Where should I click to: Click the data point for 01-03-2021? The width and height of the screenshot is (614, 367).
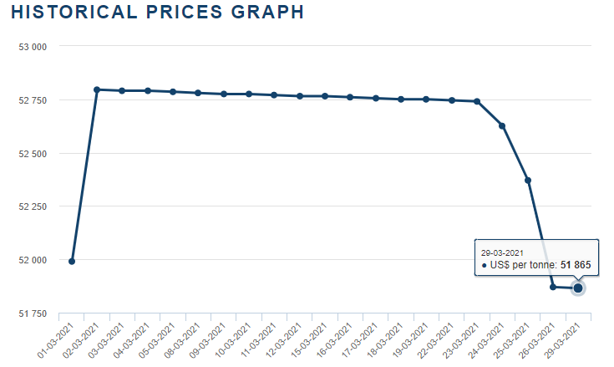pos(72,261)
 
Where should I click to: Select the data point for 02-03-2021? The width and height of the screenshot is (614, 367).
pos(97,89)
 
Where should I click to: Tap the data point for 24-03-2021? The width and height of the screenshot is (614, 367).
pos(502,125)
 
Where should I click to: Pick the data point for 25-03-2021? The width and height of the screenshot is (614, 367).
pos(527,180)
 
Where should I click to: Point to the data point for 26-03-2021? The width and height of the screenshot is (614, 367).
pos(553,287)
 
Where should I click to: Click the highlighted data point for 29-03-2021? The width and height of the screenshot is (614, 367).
pos(578,288)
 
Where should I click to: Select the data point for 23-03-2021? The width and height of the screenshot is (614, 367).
pos(477,101)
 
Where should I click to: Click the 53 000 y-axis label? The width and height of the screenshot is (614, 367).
pos(32,47)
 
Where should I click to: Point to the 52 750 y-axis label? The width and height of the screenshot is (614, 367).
pos(32,100)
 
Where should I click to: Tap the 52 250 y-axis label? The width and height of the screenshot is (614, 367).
pos(32,206)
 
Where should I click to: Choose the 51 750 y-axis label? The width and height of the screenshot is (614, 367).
pos(32,313)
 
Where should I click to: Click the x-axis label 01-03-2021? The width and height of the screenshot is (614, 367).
pos(59,338)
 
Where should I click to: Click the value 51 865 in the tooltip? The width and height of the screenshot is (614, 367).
pos(576,265)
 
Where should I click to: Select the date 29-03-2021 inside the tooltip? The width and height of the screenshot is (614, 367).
pos(502,252)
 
